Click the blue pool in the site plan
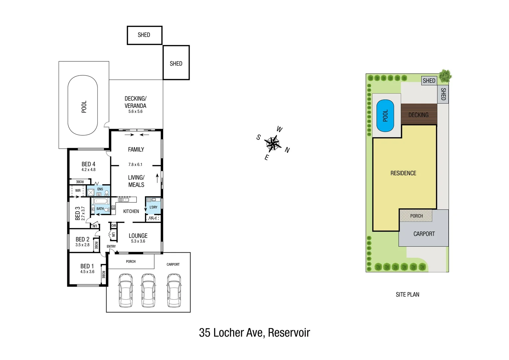[385, 116]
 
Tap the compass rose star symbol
[273, 144]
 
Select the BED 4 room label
[88, 164]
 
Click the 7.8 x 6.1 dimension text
[135, 164]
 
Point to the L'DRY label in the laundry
[153, 207]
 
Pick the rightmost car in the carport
[174, 290]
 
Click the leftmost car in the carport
[126, 290]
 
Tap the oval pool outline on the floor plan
[83, 105]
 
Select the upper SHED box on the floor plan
[144, 35]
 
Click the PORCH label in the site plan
[416, 216]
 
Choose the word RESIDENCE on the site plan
[403, 173]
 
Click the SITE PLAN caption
[407, 295]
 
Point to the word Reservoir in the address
[289, 333]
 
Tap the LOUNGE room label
[138, 236]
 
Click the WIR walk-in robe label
[78, 191]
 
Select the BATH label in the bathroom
[100, 209]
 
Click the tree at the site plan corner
[445, 76]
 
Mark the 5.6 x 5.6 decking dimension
[135, 112]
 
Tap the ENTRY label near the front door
[111, 247]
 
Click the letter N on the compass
[287, 150]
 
